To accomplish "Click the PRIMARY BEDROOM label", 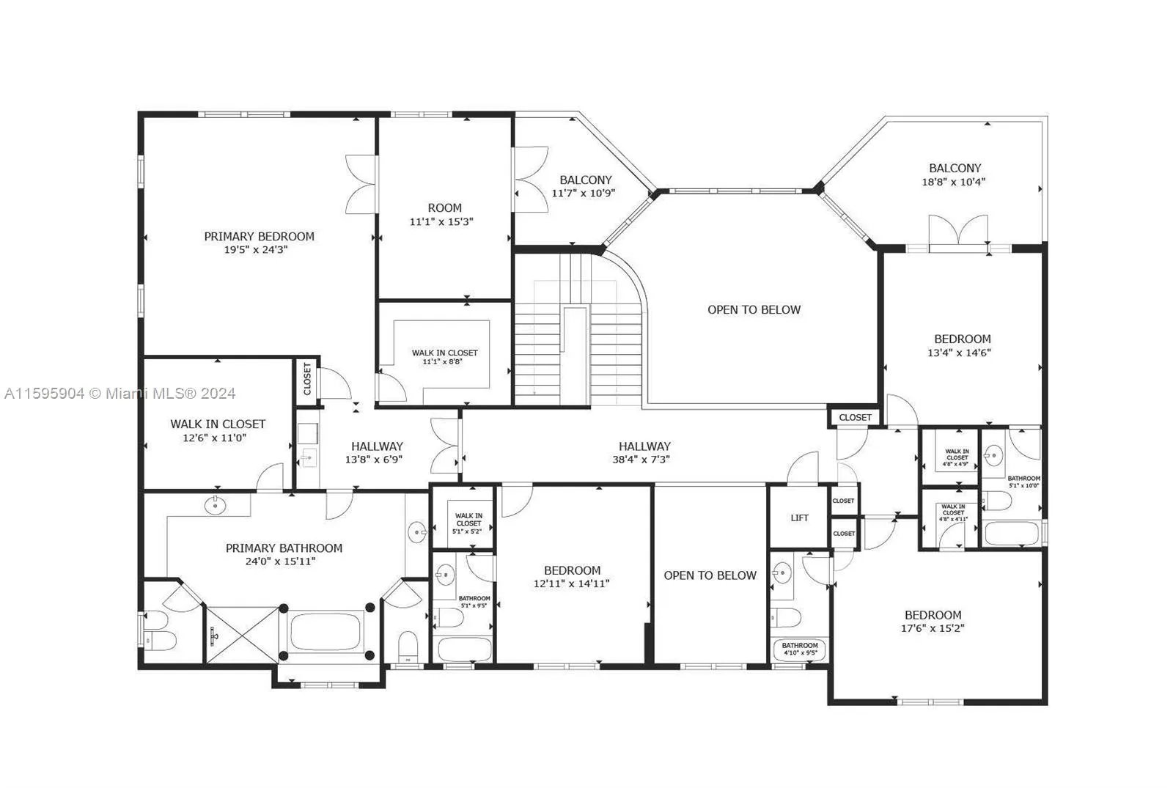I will coord(259,236).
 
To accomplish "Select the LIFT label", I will coord(799,518).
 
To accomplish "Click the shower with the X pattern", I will coord(241,635).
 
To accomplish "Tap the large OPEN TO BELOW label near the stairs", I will coord(754,309).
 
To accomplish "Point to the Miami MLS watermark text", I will coord(119,394).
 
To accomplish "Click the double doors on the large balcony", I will coord(957,233).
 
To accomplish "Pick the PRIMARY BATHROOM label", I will coord(284,548).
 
